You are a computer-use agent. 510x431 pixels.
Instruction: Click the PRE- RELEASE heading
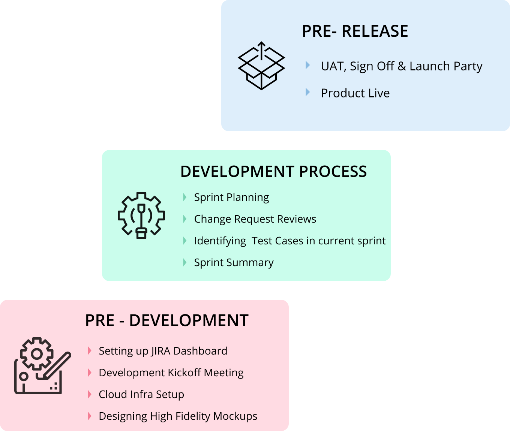pos(355,31)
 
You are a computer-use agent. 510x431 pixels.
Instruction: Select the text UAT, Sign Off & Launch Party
pos(401,66)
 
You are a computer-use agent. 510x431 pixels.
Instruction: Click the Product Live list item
pos(355,93)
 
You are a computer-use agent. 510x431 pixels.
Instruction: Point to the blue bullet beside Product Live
pos(307,92)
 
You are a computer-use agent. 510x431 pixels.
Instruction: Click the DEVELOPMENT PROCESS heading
pos(273,171)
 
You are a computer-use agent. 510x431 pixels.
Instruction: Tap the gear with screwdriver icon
pos(141,215)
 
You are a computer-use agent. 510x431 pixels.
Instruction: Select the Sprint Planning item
pos(231,198)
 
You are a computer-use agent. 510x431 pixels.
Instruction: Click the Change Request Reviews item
pos(255,219)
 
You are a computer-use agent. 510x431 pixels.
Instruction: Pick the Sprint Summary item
pos(234,263)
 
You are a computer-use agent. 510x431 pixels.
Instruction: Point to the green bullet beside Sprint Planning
pos(184,197)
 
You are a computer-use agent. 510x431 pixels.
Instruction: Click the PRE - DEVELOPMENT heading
pos(166,320)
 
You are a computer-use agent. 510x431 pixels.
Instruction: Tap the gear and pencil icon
pos(42,366)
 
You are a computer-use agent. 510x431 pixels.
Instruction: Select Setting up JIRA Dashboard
pos(163,351)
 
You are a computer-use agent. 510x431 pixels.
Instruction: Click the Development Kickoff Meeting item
pos(171,373)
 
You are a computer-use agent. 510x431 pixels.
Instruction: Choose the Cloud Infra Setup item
pos(141,395)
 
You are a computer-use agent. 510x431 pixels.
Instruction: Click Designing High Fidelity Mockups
pos(178,416)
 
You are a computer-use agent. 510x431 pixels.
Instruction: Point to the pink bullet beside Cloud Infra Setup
pos(90,394)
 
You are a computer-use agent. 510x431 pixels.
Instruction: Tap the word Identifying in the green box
pos(220,241)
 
